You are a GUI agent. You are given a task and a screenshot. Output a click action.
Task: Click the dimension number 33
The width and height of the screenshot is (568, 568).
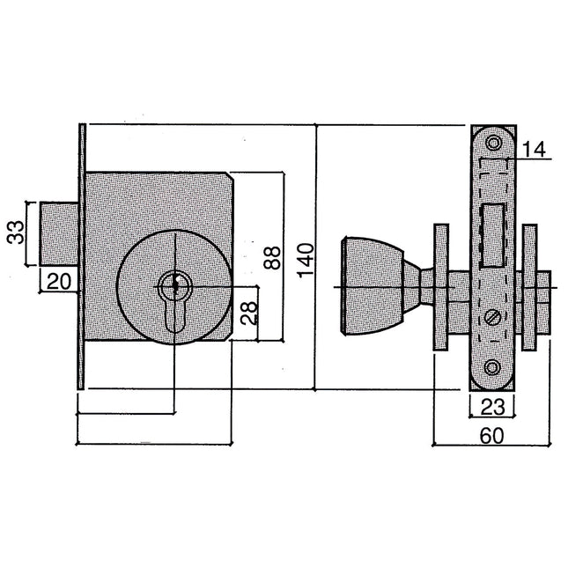pos(16,232)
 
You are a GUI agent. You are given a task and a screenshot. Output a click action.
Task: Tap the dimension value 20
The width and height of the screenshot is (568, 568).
pos(59,282)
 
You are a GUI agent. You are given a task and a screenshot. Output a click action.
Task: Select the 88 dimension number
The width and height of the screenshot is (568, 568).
pos(272,257)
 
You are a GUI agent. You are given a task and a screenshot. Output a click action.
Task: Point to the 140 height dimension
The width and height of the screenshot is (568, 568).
pos(306,261)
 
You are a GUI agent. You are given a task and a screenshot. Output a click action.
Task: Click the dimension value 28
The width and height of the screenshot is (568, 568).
pos(249,313)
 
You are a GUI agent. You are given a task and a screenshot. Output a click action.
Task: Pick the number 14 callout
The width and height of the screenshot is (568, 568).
pos(534,150)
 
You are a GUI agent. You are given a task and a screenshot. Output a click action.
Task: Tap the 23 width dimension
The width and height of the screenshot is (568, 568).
pos(492,407)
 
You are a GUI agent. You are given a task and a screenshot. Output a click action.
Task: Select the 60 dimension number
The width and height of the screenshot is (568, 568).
pos(491,436)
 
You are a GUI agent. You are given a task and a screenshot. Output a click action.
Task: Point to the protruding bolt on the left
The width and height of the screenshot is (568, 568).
pos(59,233)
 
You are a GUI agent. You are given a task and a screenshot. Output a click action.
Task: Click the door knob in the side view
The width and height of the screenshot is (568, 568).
pos(373,286)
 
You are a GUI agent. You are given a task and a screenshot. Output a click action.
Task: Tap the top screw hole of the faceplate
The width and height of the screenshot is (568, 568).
pos(493,143)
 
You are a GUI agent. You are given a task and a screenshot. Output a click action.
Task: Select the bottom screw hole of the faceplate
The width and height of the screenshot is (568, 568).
pos(492,367)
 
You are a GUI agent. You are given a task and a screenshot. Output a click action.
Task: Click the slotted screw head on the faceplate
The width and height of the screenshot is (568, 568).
pos(492,317)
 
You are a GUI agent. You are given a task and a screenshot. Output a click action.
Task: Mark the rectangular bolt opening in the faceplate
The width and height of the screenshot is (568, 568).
pos(492,235)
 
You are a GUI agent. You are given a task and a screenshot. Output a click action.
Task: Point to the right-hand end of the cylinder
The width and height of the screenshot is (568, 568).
pos(544,302)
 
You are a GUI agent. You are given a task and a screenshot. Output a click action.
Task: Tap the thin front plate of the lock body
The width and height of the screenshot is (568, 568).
pos(82,256)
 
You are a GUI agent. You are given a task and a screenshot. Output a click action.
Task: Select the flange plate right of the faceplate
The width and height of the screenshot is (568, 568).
pos(529,288)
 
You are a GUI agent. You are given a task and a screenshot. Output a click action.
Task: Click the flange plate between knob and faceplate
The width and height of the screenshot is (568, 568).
pos(441,287)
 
